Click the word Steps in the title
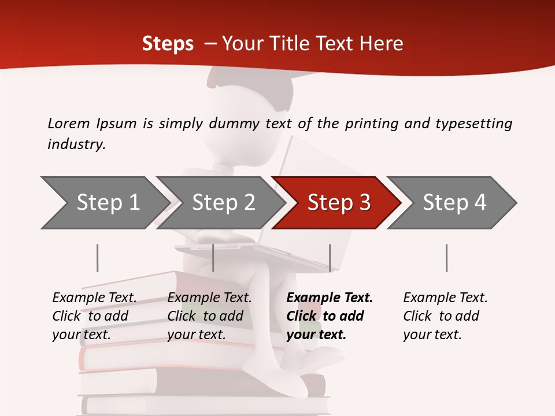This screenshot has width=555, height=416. pyautogui.click(x=168, y=44)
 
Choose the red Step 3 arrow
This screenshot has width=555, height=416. pyautogui.click(x=339, y=203)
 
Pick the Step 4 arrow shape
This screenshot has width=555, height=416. pyautogui.click(x=454, y=203)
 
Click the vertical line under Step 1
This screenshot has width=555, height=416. pyautogui.click(x=98, y=258)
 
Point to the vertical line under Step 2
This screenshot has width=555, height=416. pyautogui.click(x=213, y=258)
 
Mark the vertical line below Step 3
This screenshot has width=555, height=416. pyautogui.click(x=330, y=258)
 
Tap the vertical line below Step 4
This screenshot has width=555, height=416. pyautogui.click(x=447, y=258)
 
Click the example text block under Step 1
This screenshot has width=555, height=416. pyautogui.click(x=94, y=316)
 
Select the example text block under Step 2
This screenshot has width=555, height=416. pyautogui.click(x=209, y=316)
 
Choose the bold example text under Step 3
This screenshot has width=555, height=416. pyautogui.click(x=330, y=316)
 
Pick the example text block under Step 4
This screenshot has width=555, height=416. pyautogui.click(x=445, y=316)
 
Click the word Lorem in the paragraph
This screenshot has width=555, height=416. pyautogui.click(x=69, y=124)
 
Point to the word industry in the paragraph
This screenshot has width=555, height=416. pyautogui.click(x=76, y=144)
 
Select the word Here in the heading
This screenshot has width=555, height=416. pyautogui.click(x=382, y=44)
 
